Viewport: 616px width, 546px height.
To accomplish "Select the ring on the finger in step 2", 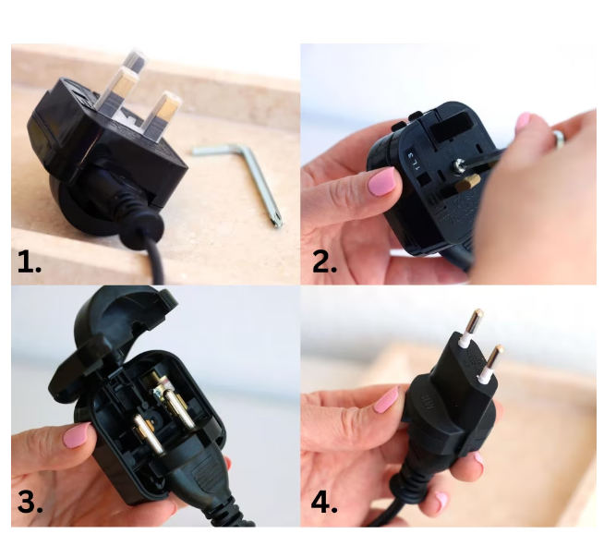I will (558, 138).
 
